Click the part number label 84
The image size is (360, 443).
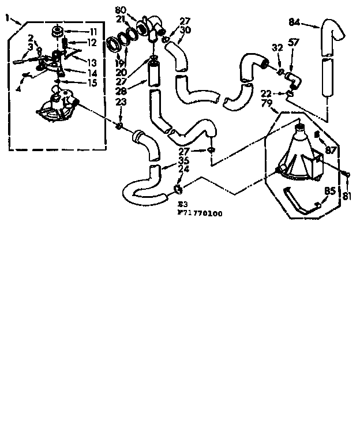294,22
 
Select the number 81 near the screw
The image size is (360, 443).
347,196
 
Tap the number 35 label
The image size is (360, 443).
184,160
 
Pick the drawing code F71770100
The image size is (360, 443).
200,213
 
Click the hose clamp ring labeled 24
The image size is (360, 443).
178,189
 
